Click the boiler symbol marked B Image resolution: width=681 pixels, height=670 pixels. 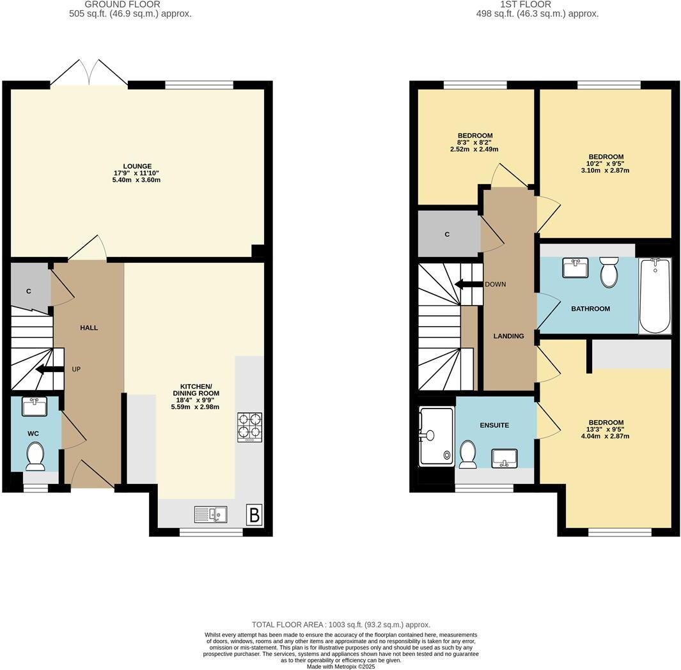(254, 515)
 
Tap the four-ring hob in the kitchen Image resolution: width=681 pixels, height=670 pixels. (249, 427)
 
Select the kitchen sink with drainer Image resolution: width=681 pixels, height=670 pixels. (210, 513)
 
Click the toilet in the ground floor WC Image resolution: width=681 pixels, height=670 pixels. (36, 456)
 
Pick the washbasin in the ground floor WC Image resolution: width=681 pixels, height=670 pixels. (35, 406)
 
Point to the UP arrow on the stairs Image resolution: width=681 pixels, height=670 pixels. (49, 369)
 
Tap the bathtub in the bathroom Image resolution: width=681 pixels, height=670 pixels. (655, 295)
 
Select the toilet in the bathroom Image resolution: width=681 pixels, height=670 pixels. (609, 273)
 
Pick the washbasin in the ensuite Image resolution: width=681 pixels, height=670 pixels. (505, 456)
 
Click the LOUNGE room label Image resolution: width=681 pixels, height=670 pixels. (137, 166)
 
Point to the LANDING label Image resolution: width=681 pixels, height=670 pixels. (508, 336)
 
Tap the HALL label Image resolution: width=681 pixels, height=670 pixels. (89, 327)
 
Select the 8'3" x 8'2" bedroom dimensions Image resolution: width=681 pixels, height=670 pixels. (474, 143)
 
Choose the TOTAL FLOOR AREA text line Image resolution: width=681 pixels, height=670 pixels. (341, 625)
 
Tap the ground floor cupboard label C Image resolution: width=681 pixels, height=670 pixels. (29, 292)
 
